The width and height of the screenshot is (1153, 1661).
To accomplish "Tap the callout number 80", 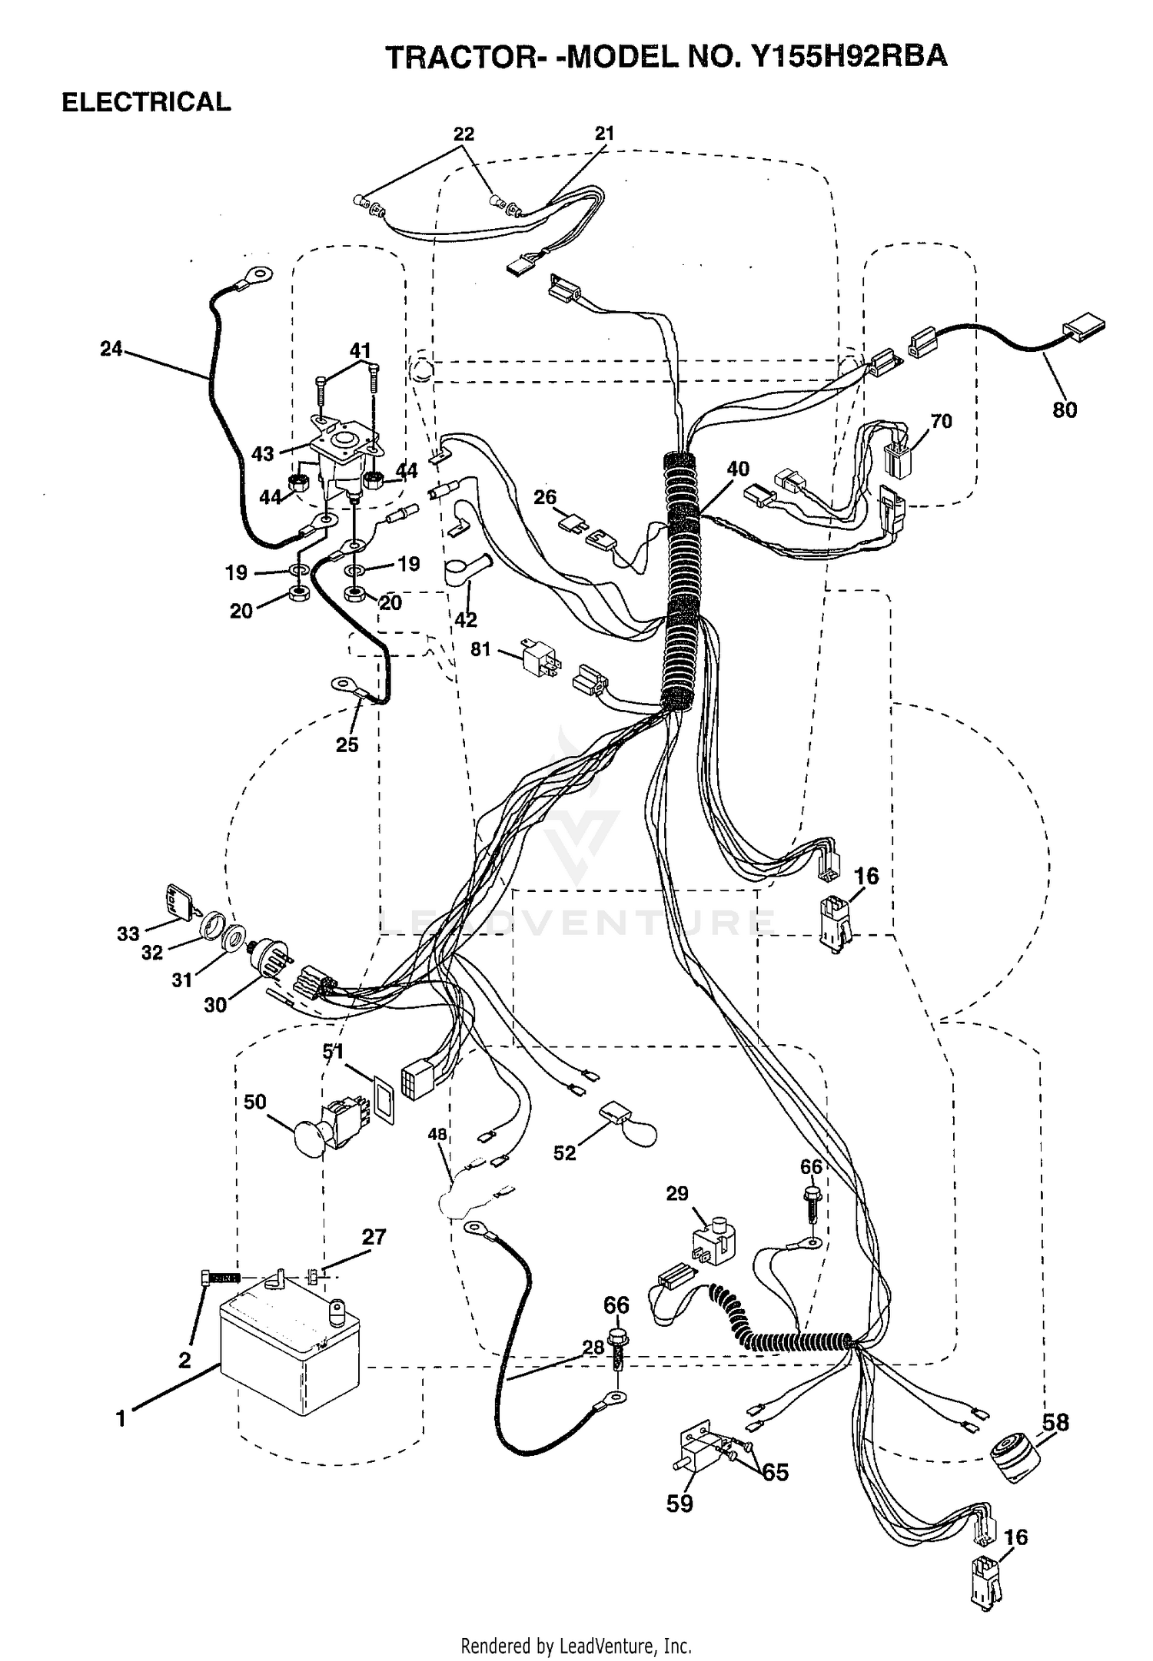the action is pyautogui.click(x=1065, y=410).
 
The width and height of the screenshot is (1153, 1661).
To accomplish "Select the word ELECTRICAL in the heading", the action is pyautogui.click(x=146, y=102).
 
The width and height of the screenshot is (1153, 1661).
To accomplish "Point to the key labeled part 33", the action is pyautogui.click(x=179, y=903).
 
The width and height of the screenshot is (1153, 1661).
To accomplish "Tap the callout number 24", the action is pyautogui.click(x=111, y=350).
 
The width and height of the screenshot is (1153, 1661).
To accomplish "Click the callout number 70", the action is pyautogui.click(x=941, y=421).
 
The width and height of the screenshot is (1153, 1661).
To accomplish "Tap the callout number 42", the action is pyautogui.click(x=466, y=619).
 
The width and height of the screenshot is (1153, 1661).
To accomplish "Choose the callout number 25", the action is pyautogui.click(x=347, y=744).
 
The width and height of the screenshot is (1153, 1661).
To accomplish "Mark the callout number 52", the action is pyautogui.click(x=564, y=1154).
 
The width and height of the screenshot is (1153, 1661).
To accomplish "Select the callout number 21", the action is pyautogui.click(x=605, y=133).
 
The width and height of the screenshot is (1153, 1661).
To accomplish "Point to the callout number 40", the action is pyautogui.click(x=738, y=469).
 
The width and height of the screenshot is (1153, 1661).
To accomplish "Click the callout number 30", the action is pyautogui.click(x=215, y=1005).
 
